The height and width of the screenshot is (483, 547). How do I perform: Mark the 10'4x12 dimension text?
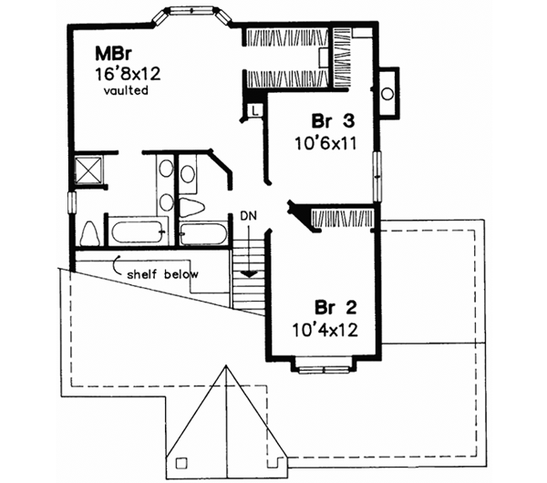pyautogui.click(x=324, y=329)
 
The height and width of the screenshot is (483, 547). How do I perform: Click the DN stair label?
pyautogui.click(x=249, y=216)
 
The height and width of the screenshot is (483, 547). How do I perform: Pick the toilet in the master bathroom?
pyautogui.click(x=89, y=232)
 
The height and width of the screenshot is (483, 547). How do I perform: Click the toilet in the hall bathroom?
pyautogui.click(x=192, y=206)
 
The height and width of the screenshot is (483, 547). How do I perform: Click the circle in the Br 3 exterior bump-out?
pyautogui.click(x=387, y=93)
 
